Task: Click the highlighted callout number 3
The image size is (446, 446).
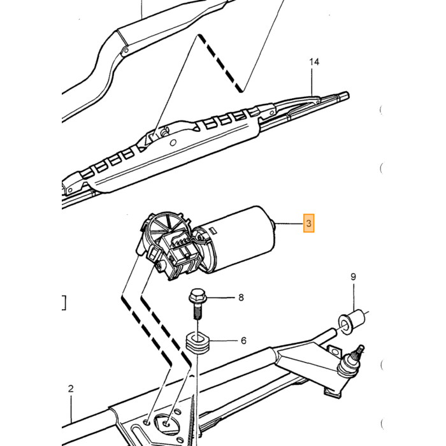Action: pos(308,223)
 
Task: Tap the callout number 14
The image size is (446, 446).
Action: pos(314,62)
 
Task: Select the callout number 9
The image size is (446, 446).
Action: pos(353,277)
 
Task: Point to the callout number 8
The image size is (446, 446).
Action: pos(241,298)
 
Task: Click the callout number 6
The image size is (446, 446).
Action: pos(243,340)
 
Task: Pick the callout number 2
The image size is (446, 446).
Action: pos(71,389)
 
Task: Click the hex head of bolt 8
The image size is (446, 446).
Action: pos(198,297)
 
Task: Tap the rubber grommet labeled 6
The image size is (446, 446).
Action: pos(198,345)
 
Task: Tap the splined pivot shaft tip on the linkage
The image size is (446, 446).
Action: pos(359,352)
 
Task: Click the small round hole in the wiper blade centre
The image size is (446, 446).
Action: pos(173,143)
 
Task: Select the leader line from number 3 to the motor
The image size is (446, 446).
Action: pos(289,224)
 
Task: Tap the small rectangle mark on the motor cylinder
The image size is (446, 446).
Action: pos(213,230)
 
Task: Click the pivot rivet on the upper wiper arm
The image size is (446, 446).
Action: pos(126,51)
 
